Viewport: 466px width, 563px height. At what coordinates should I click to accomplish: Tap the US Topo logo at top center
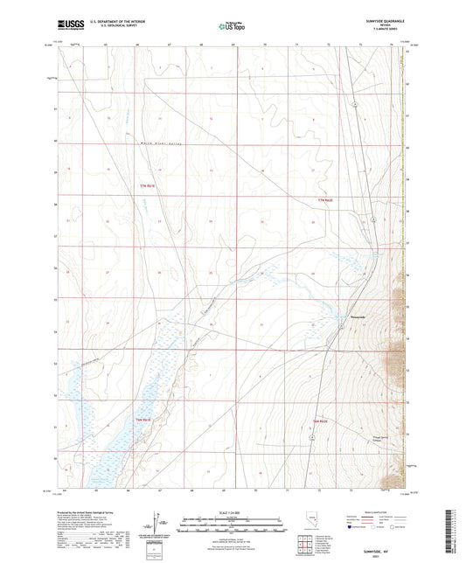(232, 27)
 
